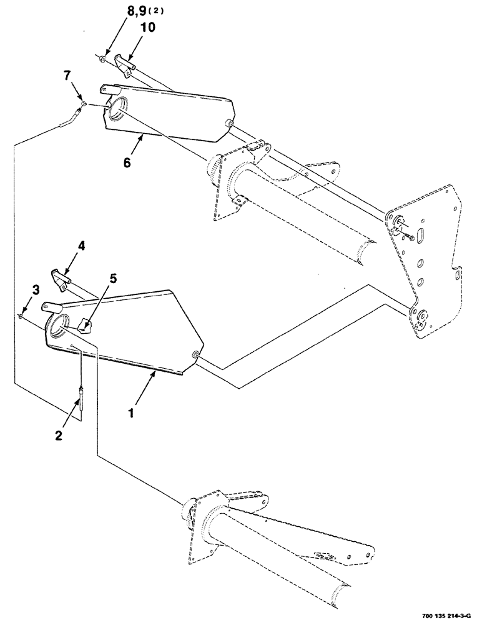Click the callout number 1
tap(132, 413)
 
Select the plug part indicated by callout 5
tap(84, 325)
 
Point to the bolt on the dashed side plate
tap(408, 236)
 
